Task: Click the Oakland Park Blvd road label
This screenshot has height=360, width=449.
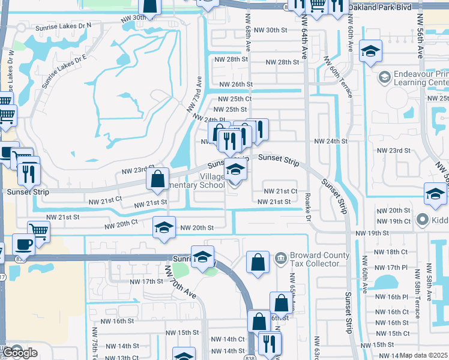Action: pyautogui.click(x=382, y=7)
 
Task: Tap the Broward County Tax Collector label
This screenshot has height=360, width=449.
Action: pyautogui.click(x=319, y=260)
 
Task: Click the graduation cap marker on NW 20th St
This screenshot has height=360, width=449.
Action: pyautogui.click(x=163, y=227)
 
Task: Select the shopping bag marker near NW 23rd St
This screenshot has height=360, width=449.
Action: pyautogui.click(x=157, y=179)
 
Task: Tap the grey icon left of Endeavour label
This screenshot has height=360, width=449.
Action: pyautogui.click(x=384, y=77)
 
